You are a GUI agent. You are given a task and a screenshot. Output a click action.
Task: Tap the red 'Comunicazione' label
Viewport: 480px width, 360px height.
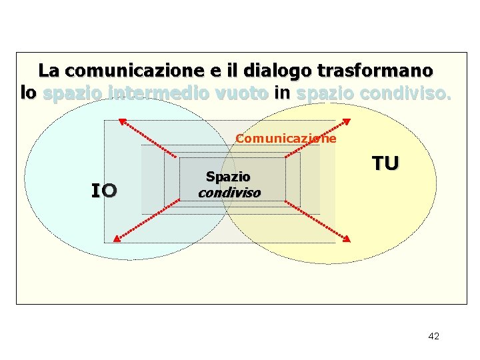286,139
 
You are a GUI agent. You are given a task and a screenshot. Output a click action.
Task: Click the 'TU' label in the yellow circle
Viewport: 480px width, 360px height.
385,163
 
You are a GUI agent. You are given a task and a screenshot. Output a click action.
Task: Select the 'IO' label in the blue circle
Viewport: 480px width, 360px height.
104,191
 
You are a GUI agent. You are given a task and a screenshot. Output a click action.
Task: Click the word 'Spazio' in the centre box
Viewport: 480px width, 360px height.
228,177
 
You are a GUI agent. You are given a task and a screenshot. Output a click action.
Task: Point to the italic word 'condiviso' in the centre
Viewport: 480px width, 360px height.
229,192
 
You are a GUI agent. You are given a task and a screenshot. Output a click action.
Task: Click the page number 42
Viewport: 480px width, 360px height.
433,336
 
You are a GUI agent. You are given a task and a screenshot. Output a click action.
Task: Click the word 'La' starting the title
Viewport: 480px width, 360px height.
49,70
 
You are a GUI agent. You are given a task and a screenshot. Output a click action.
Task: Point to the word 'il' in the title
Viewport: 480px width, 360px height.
233,70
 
